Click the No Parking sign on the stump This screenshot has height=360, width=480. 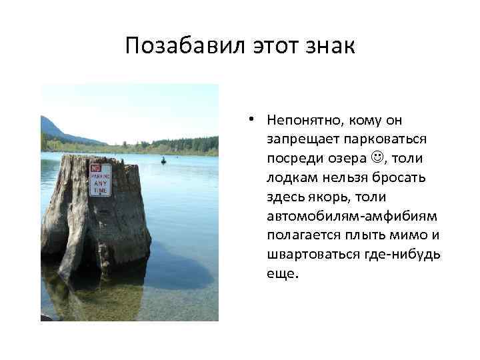[101, 179]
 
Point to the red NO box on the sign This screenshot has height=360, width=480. [96, 168]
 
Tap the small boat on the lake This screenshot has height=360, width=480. [163, 160]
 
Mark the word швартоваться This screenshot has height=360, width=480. [307, 256]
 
